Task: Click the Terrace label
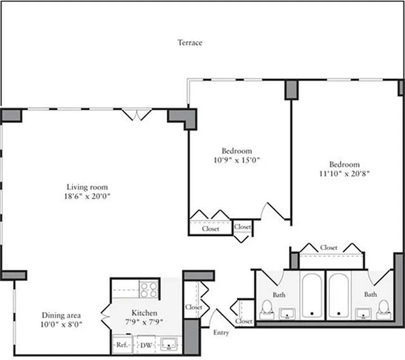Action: (190, 43)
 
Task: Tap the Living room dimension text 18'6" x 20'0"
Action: (87, 196)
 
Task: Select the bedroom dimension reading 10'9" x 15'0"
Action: (237, 160)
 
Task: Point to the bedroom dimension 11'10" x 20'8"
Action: (344, 173)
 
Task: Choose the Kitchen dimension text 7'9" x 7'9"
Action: (144, 322)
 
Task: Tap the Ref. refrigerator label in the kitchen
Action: (120, 345)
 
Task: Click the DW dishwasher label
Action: (146, 345)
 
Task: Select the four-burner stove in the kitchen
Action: (149, 289)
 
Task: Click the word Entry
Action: (221, 333)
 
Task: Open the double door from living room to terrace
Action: (137, 114)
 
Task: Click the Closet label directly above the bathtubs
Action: (328, 247)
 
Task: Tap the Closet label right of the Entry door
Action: (244, 321)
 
